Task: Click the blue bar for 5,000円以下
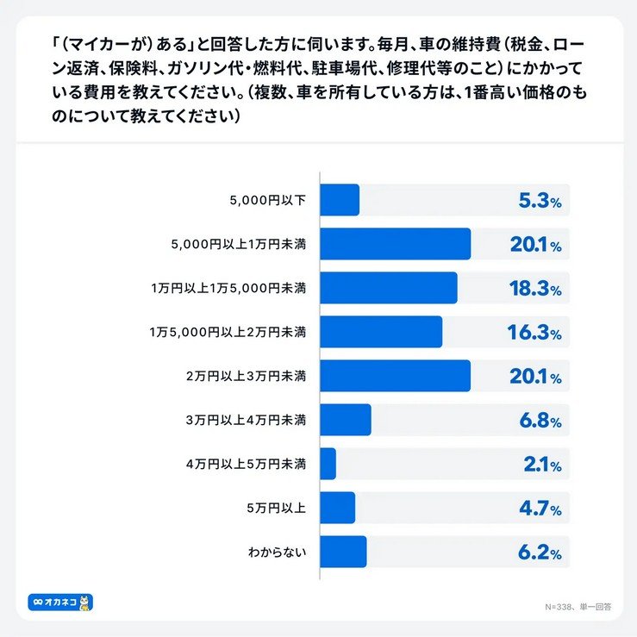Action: pos(340,200)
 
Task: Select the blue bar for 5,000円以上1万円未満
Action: pos(395,244)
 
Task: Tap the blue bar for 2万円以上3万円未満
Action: pos(395,376)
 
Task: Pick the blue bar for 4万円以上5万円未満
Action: pos(328,464)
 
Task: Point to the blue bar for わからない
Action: pos(343,552)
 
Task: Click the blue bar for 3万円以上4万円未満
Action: pos(346,420)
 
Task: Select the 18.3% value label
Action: pos(535,289)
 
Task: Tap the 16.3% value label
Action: pos(535,333)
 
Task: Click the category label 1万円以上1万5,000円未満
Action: pos(228,289)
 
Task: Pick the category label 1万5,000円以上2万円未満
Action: pos(228,333)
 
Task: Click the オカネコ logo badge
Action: pos(60,602)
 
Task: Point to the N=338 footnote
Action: pos(577,606)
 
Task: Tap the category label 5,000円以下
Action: pos(268,201)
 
